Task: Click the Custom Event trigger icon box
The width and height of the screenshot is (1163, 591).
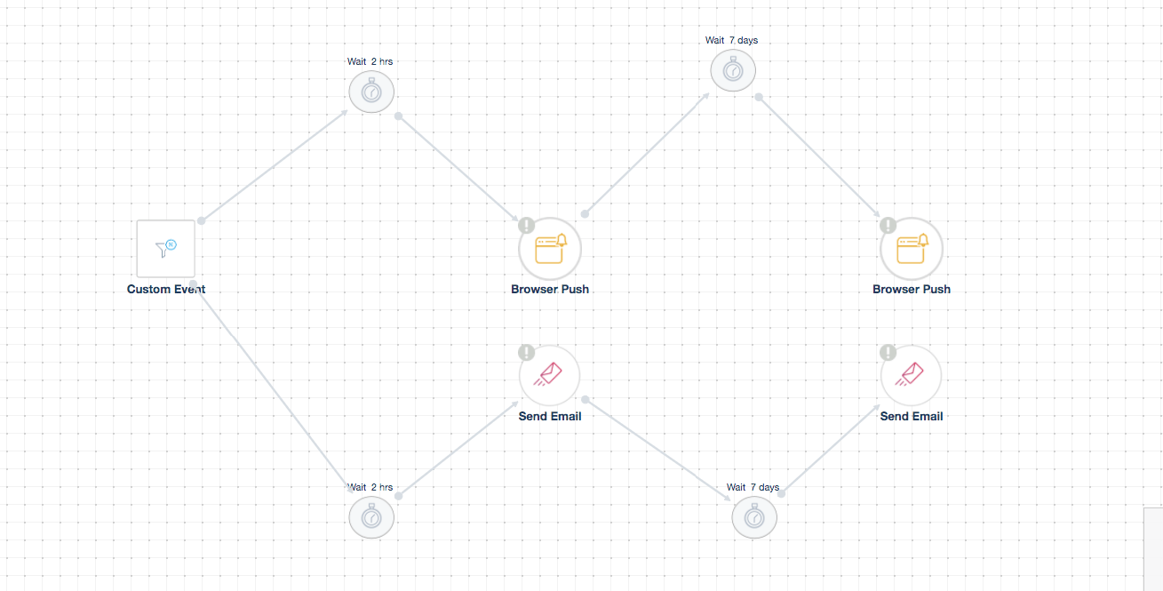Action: [165, 249]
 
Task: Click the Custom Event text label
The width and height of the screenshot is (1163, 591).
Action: [166, 289]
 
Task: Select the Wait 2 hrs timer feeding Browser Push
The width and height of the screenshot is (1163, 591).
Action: [371, 92]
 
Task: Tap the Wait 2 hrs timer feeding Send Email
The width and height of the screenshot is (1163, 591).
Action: [371, 517]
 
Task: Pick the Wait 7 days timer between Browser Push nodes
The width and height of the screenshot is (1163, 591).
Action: [733, 70]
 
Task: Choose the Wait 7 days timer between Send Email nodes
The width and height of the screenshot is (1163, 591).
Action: [754, 517]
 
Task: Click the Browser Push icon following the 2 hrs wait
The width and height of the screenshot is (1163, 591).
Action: [550, 249]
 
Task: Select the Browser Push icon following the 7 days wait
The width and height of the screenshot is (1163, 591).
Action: [912, 249]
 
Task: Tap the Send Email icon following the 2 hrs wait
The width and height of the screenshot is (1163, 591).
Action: [550, 375]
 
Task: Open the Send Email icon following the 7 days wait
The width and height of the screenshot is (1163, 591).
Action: [912, 375]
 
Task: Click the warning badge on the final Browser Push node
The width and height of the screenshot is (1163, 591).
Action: [888, 226]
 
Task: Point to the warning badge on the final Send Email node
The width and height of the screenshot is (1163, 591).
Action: [888, 353]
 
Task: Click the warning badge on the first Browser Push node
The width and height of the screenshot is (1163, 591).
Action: [527, 226]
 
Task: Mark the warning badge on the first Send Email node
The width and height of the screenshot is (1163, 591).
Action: [527, 353]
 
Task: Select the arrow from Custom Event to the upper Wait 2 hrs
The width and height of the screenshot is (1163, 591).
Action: [275, 165]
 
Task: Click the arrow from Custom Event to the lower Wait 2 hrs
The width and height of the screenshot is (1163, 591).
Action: [273, 392]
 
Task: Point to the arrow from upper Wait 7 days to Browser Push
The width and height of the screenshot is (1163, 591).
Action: [819, 156]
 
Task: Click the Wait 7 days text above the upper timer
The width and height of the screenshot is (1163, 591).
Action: [731, 41]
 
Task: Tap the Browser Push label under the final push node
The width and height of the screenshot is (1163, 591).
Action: [912, 289]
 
